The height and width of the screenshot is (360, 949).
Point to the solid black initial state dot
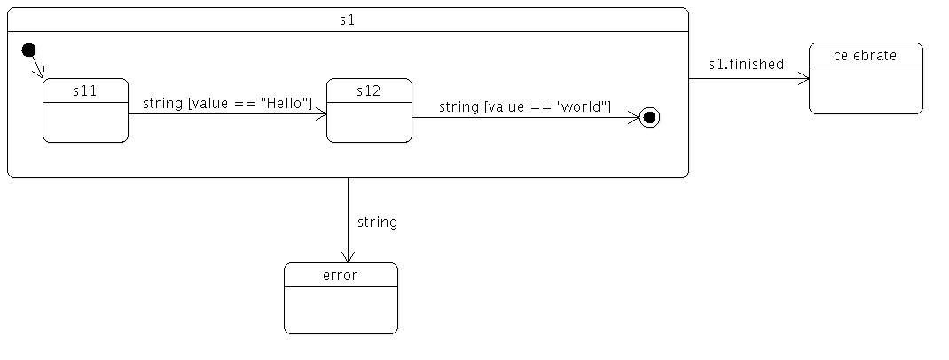[29, 49]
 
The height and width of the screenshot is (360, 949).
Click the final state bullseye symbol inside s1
[649, 117]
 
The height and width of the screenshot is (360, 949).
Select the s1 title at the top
[348, 20]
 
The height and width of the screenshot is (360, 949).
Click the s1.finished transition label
[746, 64]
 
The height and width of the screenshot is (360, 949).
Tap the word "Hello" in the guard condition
[286, 104]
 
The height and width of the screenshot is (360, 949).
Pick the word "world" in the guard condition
[583, 107]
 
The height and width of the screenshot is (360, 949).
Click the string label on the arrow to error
[377, 222]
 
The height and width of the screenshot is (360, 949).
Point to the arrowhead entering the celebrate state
[804, 79]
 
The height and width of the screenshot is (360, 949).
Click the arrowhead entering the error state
[348, 256]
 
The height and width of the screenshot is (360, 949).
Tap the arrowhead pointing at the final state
[633, 117]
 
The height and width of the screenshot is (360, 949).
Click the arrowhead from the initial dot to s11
[40, 72]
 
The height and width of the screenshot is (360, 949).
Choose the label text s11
[85, 90]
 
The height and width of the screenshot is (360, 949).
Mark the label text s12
[369, 90]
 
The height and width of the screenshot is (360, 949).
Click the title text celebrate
[866, 55]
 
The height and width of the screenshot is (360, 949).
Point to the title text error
[341, 275]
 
